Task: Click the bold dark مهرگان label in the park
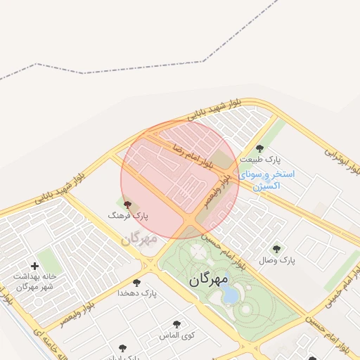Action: tap(210, 279)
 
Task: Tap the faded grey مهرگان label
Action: tap(139, 238)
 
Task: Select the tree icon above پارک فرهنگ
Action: tap(127, 206)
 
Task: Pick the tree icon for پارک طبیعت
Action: tap(259, 148)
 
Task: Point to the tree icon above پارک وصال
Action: tap(276, 249)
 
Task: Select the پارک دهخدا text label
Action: tap(132, 292)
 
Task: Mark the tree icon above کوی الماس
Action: tap(176, 324)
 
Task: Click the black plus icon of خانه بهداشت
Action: tap(34, 266)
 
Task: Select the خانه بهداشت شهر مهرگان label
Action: tap(34, 281)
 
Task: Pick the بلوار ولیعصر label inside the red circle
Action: tap(217, 191)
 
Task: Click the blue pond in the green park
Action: tap(230, 295)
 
